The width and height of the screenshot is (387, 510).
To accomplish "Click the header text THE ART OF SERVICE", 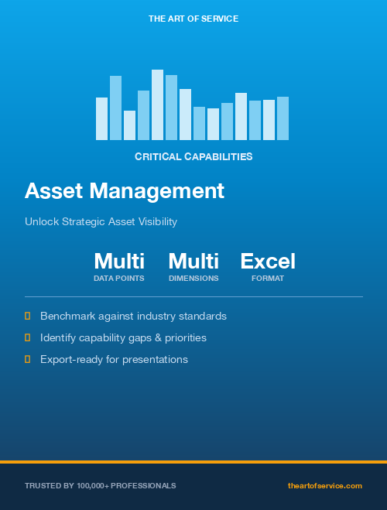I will pos(193,18).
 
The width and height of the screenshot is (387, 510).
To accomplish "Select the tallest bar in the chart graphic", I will pos(157,104).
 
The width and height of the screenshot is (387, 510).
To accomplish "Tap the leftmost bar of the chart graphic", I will pos(101,118).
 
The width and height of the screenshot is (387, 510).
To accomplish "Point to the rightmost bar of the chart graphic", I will pos(283,118).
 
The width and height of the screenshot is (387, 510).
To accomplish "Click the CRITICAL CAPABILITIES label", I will pos(193,156).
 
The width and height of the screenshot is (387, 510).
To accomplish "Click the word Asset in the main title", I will pos(54,190).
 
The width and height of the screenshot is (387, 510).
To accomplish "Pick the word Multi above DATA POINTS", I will pos(119,262).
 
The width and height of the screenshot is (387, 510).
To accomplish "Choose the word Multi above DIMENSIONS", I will pos(193,262).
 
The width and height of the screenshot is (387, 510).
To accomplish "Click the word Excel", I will pos(268,262).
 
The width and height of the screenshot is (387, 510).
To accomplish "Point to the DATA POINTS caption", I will pos(119,278).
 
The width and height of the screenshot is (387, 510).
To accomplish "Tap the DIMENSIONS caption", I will pos(193,278).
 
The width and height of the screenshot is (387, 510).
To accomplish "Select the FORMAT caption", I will pos(268,278).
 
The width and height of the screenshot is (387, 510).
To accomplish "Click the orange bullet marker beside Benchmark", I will pos(28,316).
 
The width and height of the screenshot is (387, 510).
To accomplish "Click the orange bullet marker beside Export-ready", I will pos(28,359).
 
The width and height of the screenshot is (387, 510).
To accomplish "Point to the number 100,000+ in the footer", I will pos(92,486).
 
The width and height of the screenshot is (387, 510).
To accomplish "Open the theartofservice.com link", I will pos(325,486).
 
